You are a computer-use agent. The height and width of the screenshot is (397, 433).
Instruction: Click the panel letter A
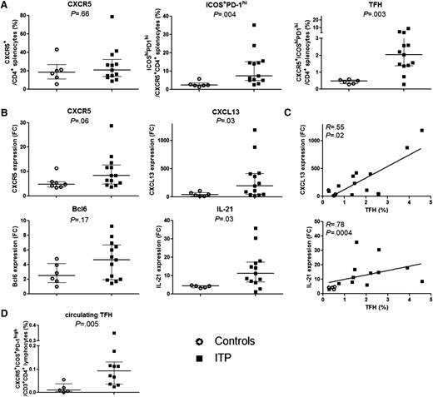(x=5, y=6)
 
